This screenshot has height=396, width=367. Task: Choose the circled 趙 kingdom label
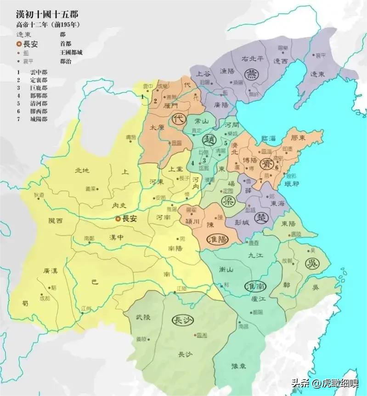tap(209, 140)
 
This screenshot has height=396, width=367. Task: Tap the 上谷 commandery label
tap(203, 73)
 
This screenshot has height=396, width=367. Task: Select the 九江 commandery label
tap(254, 254)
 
